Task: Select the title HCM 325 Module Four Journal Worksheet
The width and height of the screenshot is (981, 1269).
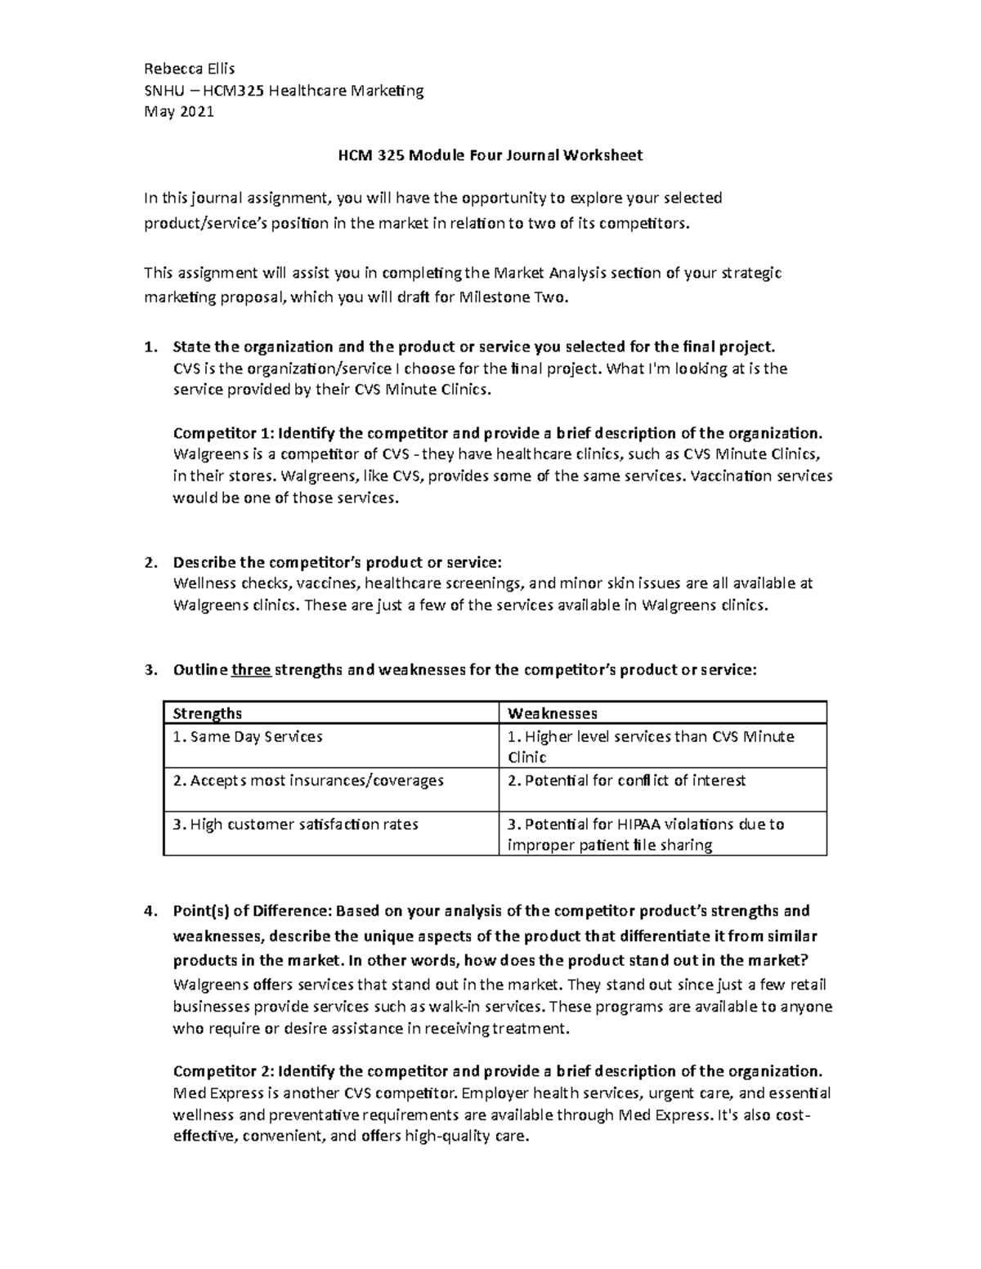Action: tap(490, 154)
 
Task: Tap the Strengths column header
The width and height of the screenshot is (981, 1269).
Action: tap(208, 713)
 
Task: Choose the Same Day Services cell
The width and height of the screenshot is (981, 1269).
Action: tap(248, 737)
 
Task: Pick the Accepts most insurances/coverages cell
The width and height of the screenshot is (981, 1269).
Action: tap(308, 780)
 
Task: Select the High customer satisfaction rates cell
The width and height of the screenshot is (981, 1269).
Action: tap(296, 824)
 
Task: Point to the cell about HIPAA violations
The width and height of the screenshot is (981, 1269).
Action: tap(646, 834)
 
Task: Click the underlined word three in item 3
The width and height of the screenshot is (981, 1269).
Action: tap(251, 670)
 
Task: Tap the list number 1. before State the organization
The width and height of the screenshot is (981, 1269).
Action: tap(150, 347)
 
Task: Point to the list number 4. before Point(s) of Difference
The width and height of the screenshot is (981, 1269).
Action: tap(150, 911)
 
